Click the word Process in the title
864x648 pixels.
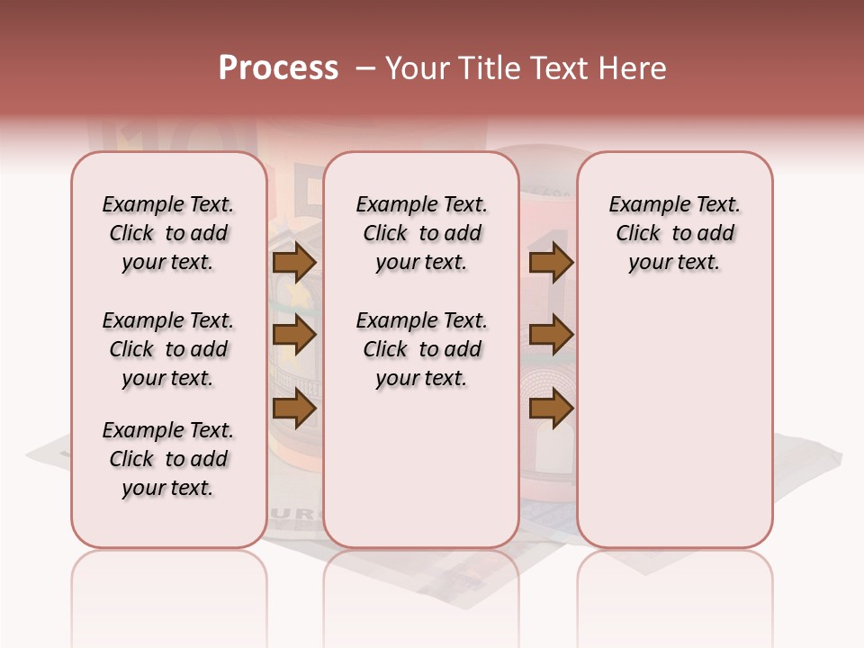point(278,68)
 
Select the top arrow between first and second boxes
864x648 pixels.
point(294,263)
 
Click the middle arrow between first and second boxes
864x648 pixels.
point(294,336)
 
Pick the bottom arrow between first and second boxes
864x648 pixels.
point(294,409)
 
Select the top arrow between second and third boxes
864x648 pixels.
point(551,263)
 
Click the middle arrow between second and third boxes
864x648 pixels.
point(551,336)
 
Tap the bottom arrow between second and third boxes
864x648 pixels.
point(551,409)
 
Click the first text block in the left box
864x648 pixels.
point(168,233)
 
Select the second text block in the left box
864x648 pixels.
point(168,349)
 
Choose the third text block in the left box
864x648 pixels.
point(168,459)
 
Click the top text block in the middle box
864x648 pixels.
point(421,233)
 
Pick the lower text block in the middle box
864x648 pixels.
point(421,349)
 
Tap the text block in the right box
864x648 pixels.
point(675,233)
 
